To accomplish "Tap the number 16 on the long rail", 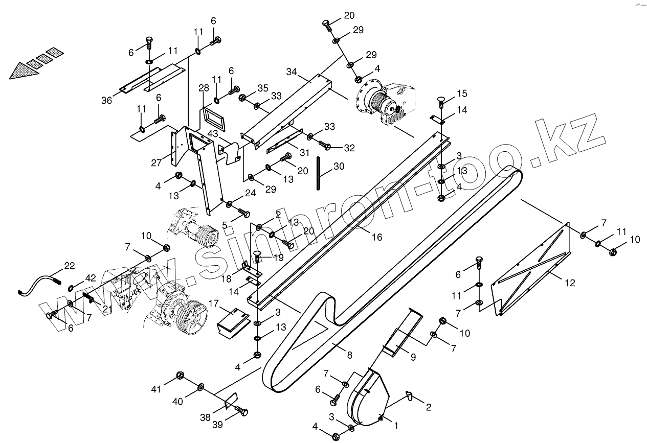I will [x=376, y=237].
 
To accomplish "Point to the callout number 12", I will [x=570, y=283].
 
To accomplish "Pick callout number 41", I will [x=156, y=389].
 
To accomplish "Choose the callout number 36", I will [x=106, y=101].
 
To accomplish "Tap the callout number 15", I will [x=462, y=94].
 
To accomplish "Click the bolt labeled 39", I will [x=240, y=410].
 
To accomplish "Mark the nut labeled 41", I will [x=180, y=376].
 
